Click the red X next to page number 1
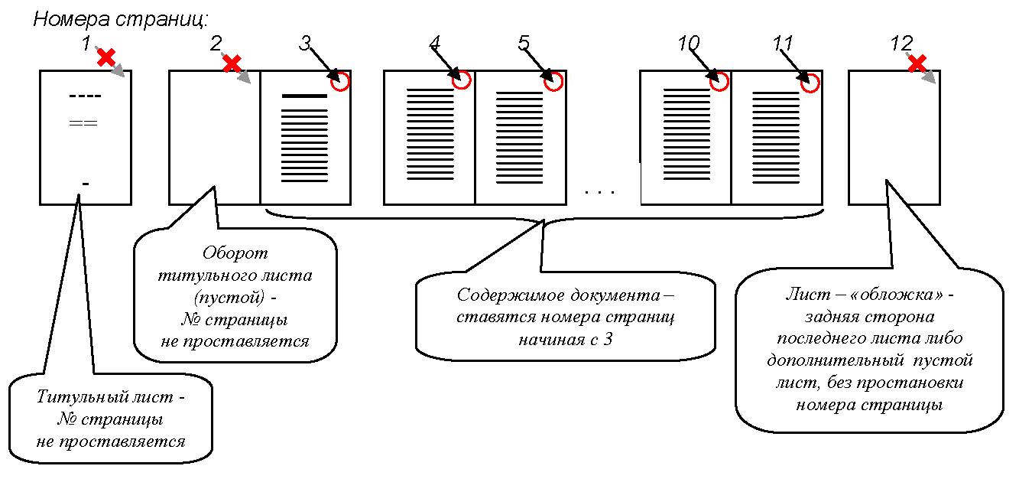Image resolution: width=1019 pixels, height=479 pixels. click(106, 57)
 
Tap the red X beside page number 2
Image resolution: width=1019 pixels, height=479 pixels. click(232, 64)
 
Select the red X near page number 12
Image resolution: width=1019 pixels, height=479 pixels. click(917, 63)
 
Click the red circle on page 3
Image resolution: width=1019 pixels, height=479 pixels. click(341, 81)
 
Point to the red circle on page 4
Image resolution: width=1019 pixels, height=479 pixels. click(461, 80)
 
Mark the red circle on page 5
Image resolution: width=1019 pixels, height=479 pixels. click(553, 80)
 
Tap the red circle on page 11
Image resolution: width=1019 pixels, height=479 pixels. click(810, 81)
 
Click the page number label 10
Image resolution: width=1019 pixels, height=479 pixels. click(688, 44)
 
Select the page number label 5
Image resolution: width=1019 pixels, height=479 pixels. click(524, 44)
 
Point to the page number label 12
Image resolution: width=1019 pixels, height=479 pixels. click(901, 44)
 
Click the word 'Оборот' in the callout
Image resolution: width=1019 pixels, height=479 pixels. click(235, 253)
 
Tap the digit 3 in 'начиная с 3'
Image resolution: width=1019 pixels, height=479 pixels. click(608, 340)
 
